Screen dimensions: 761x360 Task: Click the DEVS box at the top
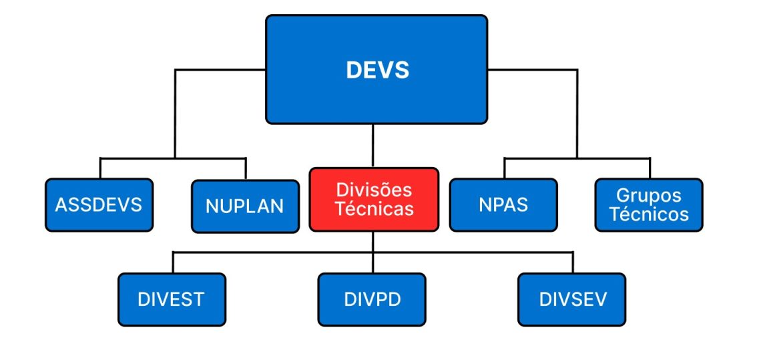pos(376,69)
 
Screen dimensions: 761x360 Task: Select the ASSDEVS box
pos(99,204)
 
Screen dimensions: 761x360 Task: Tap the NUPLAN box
pos(245,206)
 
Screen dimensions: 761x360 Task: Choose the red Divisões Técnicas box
pos(374,199)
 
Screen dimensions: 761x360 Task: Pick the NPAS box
pos(503,204)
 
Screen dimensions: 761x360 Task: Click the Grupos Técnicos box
pos(649,204)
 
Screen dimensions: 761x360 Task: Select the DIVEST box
pos(172,299)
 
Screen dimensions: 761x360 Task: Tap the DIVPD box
pos(372,299)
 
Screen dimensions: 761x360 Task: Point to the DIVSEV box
pos(572,299)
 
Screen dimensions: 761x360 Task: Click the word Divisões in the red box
pos(374,190)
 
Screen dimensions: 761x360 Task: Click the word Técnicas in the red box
pos(374,209)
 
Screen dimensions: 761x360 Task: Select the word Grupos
pos(649,196)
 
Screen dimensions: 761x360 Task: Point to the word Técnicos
pos(649,214)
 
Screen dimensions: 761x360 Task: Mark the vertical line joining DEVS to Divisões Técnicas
pos(372,146)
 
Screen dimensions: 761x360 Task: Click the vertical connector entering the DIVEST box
pos(172,262)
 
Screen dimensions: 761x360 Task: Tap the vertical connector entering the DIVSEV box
pos(573,262)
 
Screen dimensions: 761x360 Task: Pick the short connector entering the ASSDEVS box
pos(100,168)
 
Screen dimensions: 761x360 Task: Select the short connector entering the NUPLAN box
pos(246,168)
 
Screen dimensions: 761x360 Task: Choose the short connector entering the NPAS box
pos(504,168)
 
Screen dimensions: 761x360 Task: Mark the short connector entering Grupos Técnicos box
pos(650,168)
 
